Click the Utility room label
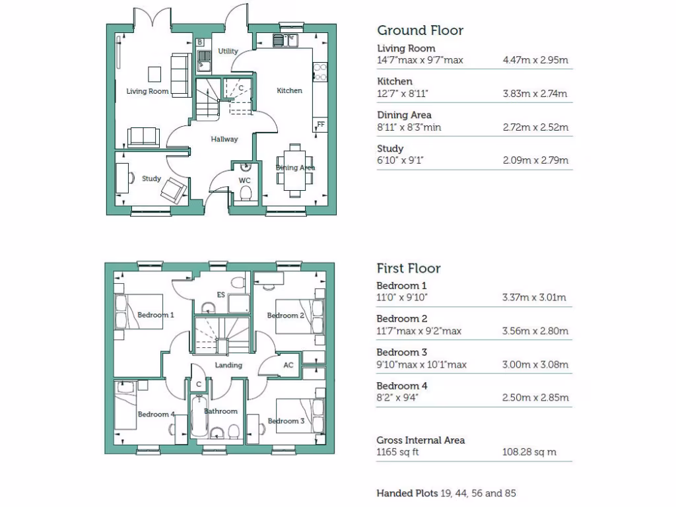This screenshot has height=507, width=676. point(228,51)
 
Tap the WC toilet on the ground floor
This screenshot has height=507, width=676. point(246,192)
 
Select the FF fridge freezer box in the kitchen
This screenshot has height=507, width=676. point(321,124)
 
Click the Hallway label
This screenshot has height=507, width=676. point(224,139)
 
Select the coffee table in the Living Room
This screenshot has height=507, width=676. point(154,73)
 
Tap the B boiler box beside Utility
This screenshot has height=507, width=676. point(199,42)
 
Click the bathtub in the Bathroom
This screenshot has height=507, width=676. point(197,417)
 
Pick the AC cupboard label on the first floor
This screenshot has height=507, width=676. point(288,364)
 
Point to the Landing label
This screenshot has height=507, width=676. point(228,365)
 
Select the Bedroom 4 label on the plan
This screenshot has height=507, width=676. point(156,414)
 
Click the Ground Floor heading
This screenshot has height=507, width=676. point(420,30)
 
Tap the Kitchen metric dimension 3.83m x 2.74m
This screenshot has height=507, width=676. point(535,94)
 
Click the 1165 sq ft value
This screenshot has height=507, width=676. point(397,452)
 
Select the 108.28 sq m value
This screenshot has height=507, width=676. point(529,452)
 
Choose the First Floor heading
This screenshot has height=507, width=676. point(409,268)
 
